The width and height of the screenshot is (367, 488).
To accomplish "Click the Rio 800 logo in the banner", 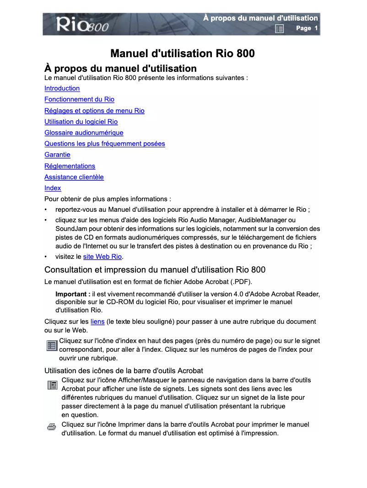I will pyautogui.click(x=82, y=25).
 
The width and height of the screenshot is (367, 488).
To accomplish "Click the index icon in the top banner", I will pyautogui.click(x=279, y=29).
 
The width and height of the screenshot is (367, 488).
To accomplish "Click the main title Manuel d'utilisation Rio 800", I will pyautogui.click(x=183, y=54).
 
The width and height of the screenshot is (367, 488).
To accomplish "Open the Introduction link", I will pyautogui.click(x=62, y=88).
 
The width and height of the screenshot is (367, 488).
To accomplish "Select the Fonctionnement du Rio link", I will pyautogui.click(x=79, y=99).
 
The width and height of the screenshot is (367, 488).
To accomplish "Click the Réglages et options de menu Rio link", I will pyautogui.click(x=94, y=111).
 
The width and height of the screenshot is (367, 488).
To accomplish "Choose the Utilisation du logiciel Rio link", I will pyautogui.click(x=81, y=122).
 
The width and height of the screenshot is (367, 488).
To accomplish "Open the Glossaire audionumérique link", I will pyautogui.click(x=84, y=133).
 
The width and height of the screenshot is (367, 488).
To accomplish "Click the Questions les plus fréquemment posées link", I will pyautogui.click(x=104, y=144).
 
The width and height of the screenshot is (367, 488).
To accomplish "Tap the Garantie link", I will pyautogui.click(x=57, y=155).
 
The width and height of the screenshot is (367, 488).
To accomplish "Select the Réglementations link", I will pyautogui.click(x=70, y=166).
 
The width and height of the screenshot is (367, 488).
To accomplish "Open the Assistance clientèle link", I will pyautogui.click(x=74, y=177).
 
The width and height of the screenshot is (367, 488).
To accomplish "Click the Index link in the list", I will pyautogui.click(x=53, y=188).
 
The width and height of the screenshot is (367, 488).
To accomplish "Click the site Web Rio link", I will pyautogui.click(x=102, y=257).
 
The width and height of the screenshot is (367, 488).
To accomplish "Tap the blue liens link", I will pyautogui.click(x=97, y=322).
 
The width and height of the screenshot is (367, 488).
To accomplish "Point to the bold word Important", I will pyautogui.click(x=72, y=294).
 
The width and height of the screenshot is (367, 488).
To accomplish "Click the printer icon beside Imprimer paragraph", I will pyautogui.click(x=52, y=427).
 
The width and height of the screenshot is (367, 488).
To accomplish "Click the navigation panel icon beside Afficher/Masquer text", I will pyautogui.click(x=52, y=385).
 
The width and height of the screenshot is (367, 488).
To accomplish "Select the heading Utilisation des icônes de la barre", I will pyautogui.click(x=124, y=370).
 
